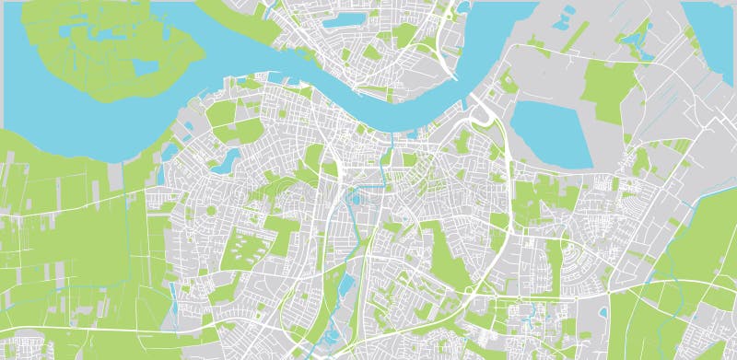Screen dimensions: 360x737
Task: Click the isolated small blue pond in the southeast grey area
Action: [x=602, y=313]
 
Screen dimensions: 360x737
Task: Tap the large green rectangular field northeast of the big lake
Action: [x=609, y=92]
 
